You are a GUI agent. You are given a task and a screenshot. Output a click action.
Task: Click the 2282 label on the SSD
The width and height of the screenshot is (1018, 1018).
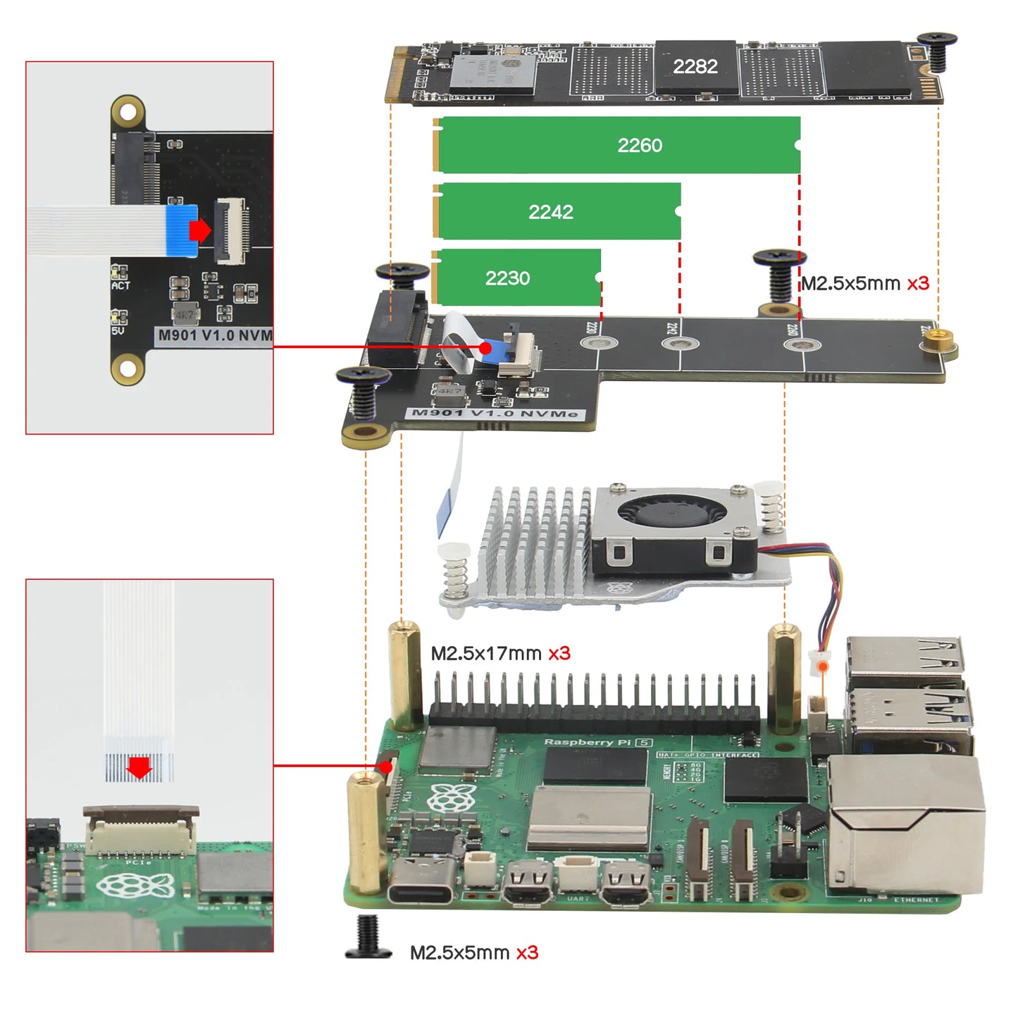pyautogui.click(x=695, y=67)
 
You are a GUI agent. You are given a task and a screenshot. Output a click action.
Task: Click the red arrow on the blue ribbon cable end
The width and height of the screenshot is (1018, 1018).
pyautogui.click(x=200, y=230)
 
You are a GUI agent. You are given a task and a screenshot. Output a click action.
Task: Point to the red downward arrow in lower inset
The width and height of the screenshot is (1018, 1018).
pyautogui.click(x=139, y=768)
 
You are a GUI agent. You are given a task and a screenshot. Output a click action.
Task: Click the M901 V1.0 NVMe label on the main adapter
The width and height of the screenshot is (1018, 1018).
pyautogui.click(x=495, y=413)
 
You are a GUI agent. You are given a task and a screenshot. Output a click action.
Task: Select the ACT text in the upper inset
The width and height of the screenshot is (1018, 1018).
pyautogui.click(x=120, y=285)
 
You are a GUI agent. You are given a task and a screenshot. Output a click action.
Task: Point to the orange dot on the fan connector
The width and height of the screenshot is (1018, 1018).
pyautogui.click(x=823, y=665)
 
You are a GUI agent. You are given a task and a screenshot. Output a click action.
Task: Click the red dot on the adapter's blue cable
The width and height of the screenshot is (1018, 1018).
pyautogui.click(x=485, y=347)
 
